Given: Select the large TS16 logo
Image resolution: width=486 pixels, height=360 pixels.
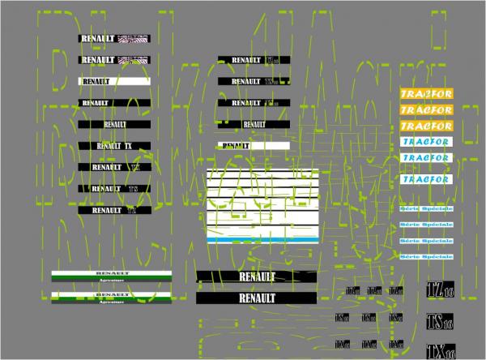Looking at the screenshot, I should coord(440,319).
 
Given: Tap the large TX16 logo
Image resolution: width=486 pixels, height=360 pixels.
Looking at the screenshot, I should coord(440,350).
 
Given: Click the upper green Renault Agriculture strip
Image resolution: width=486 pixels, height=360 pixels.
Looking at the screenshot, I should coord(111,275).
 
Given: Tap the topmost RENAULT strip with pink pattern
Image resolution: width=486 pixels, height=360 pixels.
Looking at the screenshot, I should coord(114,38).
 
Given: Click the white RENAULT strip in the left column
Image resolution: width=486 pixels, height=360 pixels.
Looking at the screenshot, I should coord(114,81).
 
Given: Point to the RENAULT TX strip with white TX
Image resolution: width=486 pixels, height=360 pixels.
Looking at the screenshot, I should coord(114,145).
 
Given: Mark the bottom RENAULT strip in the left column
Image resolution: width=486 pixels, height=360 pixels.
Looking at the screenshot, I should coord(114,209).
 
